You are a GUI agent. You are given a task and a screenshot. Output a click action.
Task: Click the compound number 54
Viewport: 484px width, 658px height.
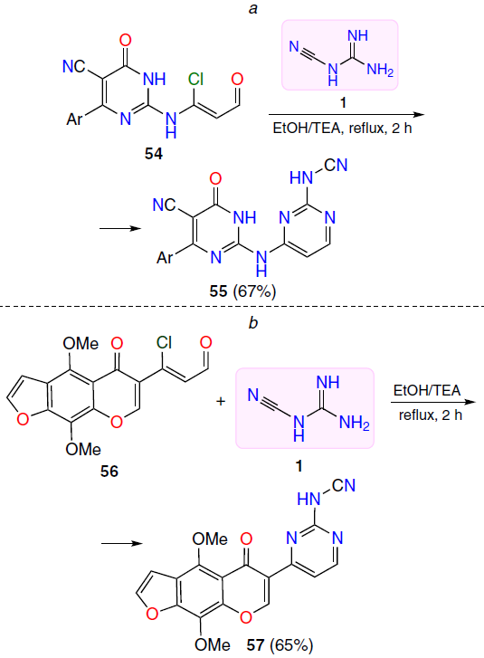(154, 154)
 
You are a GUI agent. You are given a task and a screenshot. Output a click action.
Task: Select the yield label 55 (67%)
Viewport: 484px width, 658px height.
(242, 291)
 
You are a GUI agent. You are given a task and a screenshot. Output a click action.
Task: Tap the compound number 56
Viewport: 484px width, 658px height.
(109, 471)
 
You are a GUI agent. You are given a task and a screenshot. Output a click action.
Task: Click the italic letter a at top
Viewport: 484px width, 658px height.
(253, 8)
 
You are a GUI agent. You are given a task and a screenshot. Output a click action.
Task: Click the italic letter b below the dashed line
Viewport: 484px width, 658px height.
(253, 322)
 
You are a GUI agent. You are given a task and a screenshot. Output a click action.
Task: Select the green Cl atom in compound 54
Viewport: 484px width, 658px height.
(196, 79)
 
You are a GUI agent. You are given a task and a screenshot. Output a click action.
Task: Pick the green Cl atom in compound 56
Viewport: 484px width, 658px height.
(165, 343)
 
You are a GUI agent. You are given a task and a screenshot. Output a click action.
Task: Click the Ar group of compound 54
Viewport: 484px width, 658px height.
(75, 119)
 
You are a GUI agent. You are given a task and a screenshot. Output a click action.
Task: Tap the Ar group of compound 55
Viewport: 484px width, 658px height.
(165, 257)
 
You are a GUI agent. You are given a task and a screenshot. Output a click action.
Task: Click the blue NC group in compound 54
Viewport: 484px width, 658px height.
(74, 66)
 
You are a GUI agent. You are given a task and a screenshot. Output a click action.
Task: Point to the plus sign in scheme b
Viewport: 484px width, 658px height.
(221, 402)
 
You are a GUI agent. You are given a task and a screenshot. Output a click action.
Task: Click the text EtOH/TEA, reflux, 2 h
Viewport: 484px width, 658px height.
(342, 128)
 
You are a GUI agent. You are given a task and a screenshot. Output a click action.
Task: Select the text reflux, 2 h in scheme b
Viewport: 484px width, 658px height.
(431, 415)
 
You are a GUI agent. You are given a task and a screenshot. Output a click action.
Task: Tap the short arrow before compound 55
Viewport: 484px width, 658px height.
(120, 228)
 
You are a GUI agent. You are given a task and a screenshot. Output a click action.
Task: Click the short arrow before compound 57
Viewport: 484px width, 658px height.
(122, 543)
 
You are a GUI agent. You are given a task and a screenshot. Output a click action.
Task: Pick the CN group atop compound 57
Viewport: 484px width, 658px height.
(344, 485)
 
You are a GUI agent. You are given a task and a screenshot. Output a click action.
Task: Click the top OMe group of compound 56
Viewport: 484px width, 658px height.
(81, 344)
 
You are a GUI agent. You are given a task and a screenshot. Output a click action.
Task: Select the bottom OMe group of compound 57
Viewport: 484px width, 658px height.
(213, 644)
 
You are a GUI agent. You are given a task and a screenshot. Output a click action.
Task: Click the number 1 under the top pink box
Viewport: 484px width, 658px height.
(343, 102)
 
